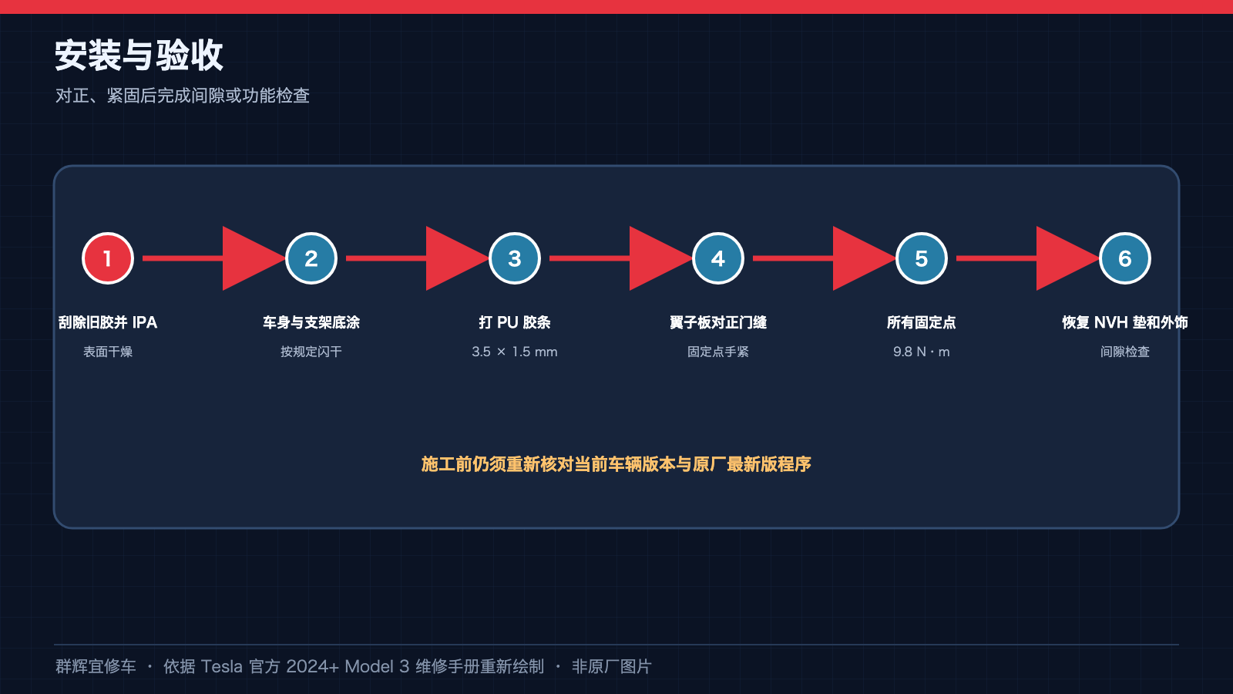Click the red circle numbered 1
pyautogui.click(x=107, y=258)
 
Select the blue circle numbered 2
pyautogui.click(x=311, y=258)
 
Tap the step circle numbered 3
pyautogui.click(x=515, y=258)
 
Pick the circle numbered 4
pyautogui.click(x=717, y=258)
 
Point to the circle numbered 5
pyautogui.click(x=922, y=258)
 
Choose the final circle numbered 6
pyautogui.click(x=1124, y=258)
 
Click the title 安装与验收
pyautogui.click(x=139, y=55)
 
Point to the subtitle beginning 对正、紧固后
pyautogui.click(x=182, y=96)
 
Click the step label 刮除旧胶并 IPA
pyautogui.click(x=108, y=322)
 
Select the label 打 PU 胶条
pyautogui.click(x=515, y=322)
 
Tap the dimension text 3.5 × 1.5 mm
pyautogui.click(x=515, y=352)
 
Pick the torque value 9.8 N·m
pyautogui.click(x=922, y=352)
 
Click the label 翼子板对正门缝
pyautogui.click(x=717, y=322)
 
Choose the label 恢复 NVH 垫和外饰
pyautogui.click(x=1124, y=322)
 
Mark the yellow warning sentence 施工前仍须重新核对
pyautogui.click(x=616, y=464)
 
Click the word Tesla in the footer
pyautogui.click(x=221, y=666)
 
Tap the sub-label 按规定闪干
pyautogui.click(x=311, y=352)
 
